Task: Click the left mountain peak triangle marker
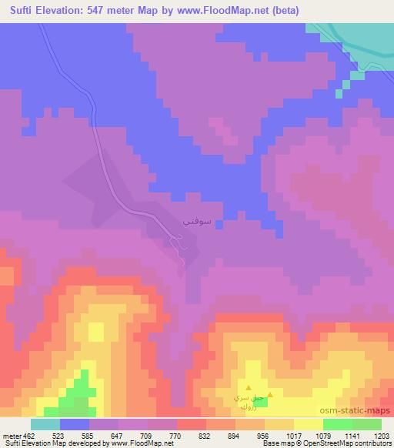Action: (249, 387)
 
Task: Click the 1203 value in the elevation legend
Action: (381, 435)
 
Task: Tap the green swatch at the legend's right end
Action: (366, 424)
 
